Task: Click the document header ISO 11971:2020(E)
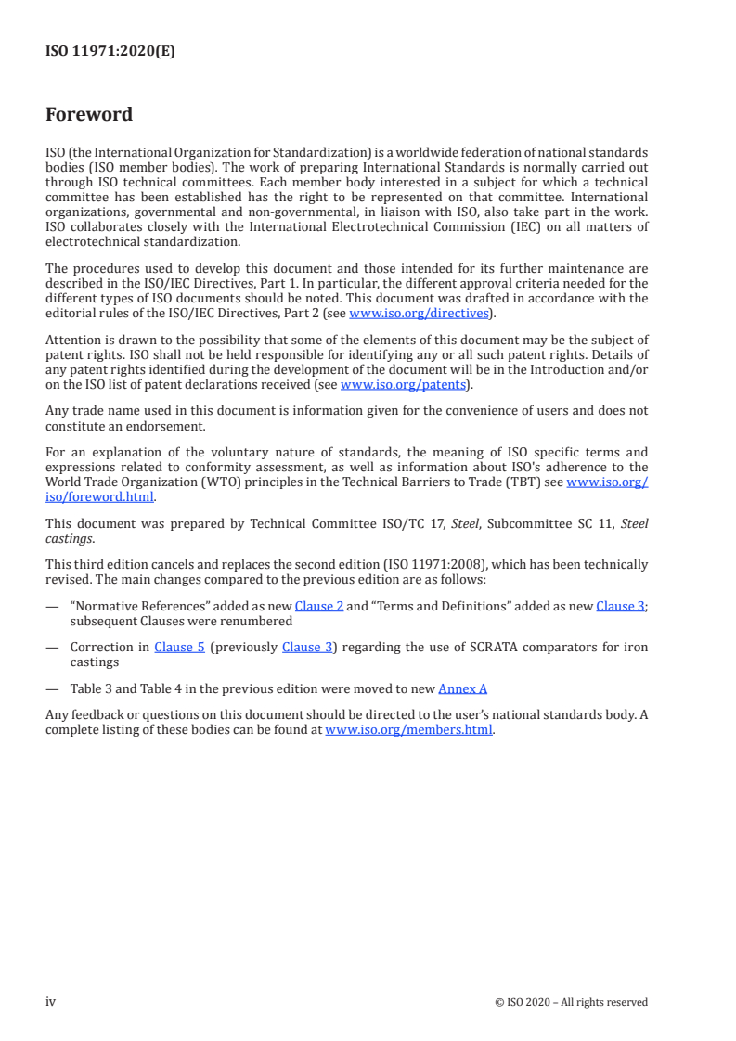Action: [x=110, y=52]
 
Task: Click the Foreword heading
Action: [x=89, y=115]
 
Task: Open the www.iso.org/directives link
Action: [x=418, y=314]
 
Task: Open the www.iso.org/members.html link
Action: [x=409, y=729]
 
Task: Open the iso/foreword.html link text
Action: [x=100, y=495]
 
